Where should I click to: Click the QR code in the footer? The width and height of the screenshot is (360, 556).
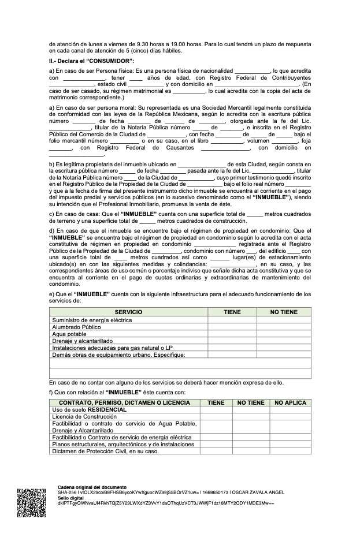pyautogui.click(x=31, y=502)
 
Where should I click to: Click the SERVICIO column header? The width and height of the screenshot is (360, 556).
pyautogui.click(x=128, y=312)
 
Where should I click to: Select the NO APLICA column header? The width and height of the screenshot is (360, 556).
pyautogui.click(x=291, y=402)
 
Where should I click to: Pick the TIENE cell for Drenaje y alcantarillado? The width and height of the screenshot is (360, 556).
pyautogui.click(x=232, y=341)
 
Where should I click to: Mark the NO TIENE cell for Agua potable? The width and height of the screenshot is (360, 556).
pyautogui.click(x=284, y=334)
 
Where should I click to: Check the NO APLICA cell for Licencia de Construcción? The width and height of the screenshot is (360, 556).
pyautogui.click(x=291, y=416)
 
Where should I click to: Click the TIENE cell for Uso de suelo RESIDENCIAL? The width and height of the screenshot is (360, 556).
pyautogui.click(x=216, y=409)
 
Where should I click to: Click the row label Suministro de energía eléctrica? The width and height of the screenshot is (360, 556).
pyautogui.click(x=92, y=320)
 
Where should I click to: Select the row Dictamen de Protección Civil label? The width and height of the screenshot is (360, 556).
pyautogui.click(x=105, y=451)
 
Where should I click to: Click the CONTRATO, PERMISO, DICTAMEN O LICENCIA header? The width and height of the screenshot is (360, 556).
pyautogui.click(x=125, y=402)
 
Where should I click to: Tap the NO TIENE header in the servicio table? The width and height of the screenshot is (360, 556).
pyautogui.click(x=284, y=312)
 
